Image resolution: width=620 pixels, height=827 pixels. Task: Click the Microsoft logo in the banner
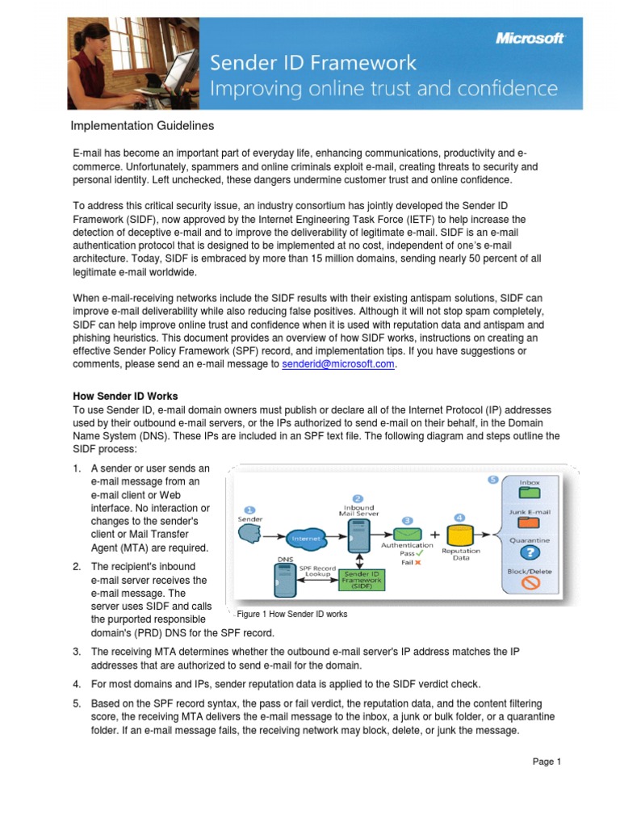tap(530, 38)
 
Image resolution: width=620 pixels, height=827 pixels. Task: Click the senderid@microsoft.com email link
tap(339, 364)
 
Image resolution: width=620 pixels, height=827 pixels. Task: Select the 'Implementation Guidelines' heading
tap(142, 125)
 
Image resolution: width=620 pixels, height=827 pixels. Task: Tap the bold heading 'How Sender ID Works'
tap(125, 397)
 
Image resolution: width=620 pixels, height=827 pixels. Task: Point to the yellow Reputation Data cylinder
tap(459, 534)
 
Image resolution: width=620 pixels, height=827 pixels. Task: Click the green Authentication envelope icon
tap(408, 535)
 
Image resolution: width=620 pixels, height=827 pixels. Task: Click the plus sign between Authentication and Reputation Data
tap(435, 534)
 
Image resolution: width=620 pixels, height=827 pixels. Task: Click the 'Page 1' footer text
tap(547, 761)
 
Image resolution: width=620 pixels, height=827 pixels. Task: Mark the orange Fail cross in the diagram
tap(417, 563)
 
